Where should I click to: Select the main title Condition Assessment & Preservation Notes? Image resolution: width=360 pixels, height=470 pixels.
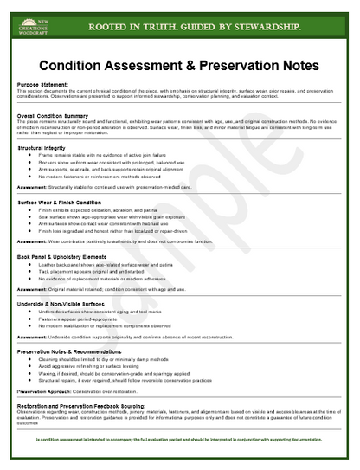coord(179,65)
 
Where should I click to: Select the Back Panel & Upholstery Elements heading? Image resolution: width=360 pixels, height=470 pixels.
coord(73,256)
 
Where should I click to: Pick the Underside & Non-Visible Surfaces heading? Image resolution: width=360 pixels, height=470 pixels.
coord(70,304)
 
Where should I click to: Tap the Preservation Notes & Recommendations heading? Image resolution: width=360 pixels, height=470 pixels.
coord(79,351)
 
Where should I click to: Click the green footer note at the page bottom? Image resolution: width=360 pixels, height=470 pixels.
coord(179,440)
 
